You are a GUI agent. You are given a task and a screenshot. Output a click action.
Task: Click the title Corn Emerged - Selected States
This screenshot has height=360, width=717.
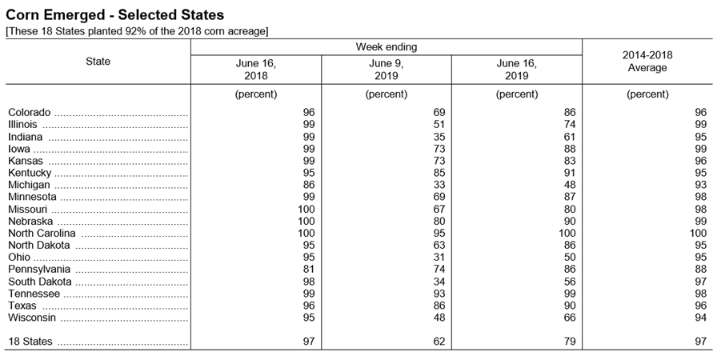point(114,15)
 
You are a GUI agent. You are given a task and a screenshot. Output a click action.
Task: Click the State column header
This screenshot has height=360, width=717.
point(98,62)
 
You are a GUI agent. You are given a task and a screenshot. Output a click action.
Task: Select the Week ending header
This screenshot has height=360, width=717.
point(387,46)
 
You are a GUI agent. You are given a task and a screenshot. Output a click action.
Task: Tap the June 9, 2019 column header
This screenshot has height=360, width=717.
point(387,70)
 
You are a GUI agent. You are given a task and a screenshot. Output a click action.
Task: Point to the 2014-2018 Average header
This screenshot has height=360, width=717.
point(647,62)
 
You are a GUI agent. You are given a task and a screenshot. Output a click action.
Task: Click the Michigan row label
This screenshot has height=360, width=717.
point(30,185)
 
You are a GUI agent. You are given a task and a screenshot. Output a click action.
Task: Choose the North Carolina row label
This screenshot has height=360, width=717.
point(42,234)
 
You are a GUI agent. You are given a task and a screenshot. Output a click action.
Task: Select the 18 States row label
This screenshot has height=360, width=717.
point(30,342)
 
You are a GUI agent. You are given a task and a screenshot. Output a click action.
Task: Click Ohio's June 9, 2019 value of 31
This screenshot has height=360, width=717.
point(439,258)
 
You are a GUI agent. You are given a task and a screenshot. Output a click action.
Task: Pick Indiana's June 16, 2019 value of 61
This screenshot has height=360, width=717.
point(569,137)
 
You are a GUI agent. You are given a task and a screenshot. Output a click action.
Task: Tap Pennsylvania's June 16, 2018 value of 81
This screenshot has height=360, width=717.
point(309,269)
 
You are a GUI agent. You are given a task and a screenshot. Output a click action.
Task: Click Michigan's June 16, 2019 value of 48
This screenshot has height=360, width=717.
point(569,185)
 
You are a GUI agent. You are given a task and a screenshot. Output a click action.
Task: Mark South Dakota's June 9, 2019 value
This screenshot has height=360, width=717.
point(439,282)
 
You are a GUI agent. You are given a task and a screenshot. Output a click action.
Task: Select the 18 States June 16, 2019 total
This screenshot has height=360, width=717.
point(569,342)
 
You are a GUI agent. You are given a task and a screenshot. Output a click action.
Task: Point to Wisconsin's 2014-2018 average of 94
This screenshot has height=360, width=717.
point(700,318)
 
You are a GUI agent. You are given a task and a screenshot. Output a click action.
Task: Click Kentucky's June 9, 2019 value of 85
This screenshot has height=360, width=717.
point(439,173)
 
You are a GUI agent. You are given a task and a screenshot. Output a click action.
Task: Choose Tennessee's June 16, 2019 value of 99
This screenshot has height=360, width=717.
point(569,294)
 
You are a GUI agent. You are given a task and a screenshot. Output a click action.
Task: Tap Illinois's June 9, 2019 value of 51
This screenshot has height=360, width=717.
point(439,124)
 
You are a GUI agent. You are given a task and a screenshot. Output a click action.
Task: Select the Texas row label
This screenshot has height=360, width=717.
point(22,305)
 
